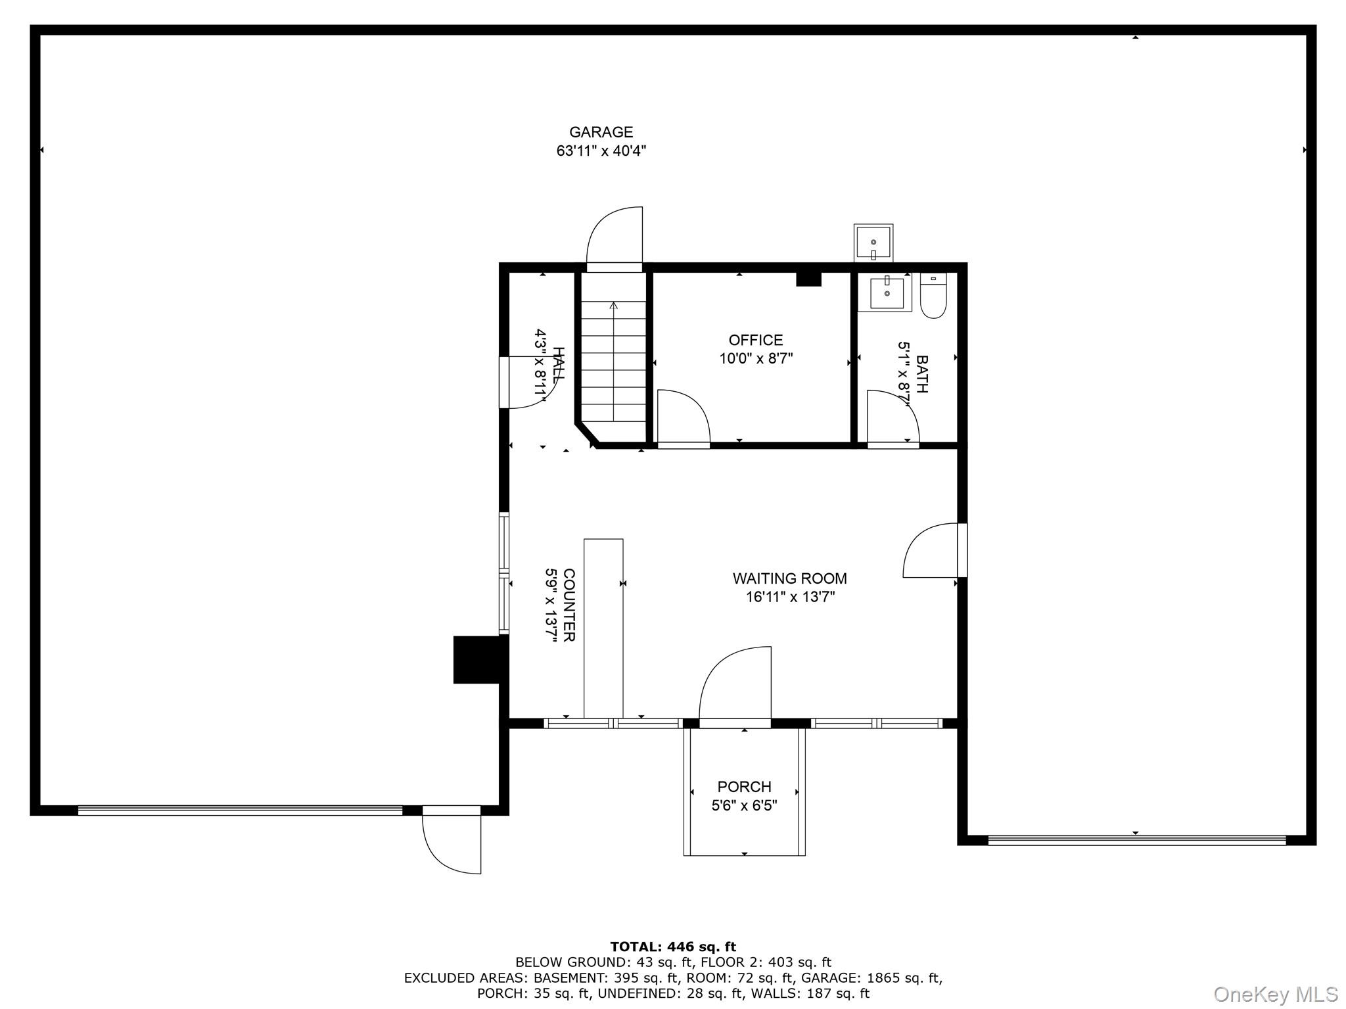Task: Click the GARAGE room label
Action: (601, 132)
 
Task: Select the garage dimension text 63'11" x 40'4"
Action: (601, 151)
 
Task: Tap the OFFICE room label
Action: (755, 340)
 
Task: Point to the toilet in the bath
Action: (933, 297)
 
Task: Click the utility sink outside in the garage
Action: (873, 242)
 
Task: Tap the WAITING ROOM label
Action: (789, 578)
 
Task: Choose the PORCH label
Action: (744, 787)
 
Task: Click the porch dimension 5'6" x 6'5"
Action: (744, 805)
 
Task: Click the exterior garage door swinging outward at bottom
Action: (452, 843)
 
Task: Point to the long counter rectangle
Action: (603, 628)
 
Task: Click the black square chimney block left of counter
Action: (480, 659)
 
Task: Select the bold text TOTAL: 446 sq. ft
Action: (673, 947)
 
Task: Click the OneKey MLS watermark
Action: (1275, 994)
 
